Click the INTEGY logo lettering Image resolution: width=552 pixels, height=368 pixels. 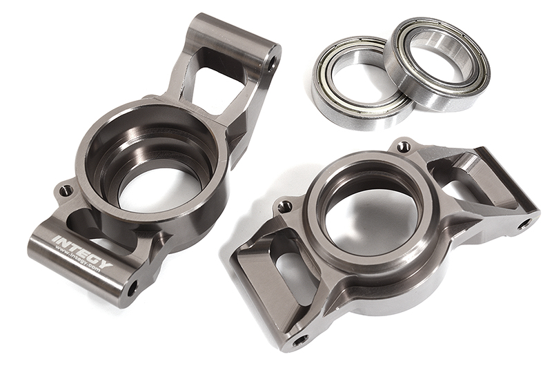[x=82, y=252]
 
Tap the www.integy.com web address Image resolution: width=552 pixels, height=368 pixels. [x=77, y=259]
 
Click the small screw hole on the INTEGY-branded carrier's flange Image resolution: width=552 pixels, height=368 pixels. [x=66, y=191]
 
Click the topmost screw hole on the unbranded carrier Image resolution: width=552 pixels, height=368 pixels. [x=404, y=146]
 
